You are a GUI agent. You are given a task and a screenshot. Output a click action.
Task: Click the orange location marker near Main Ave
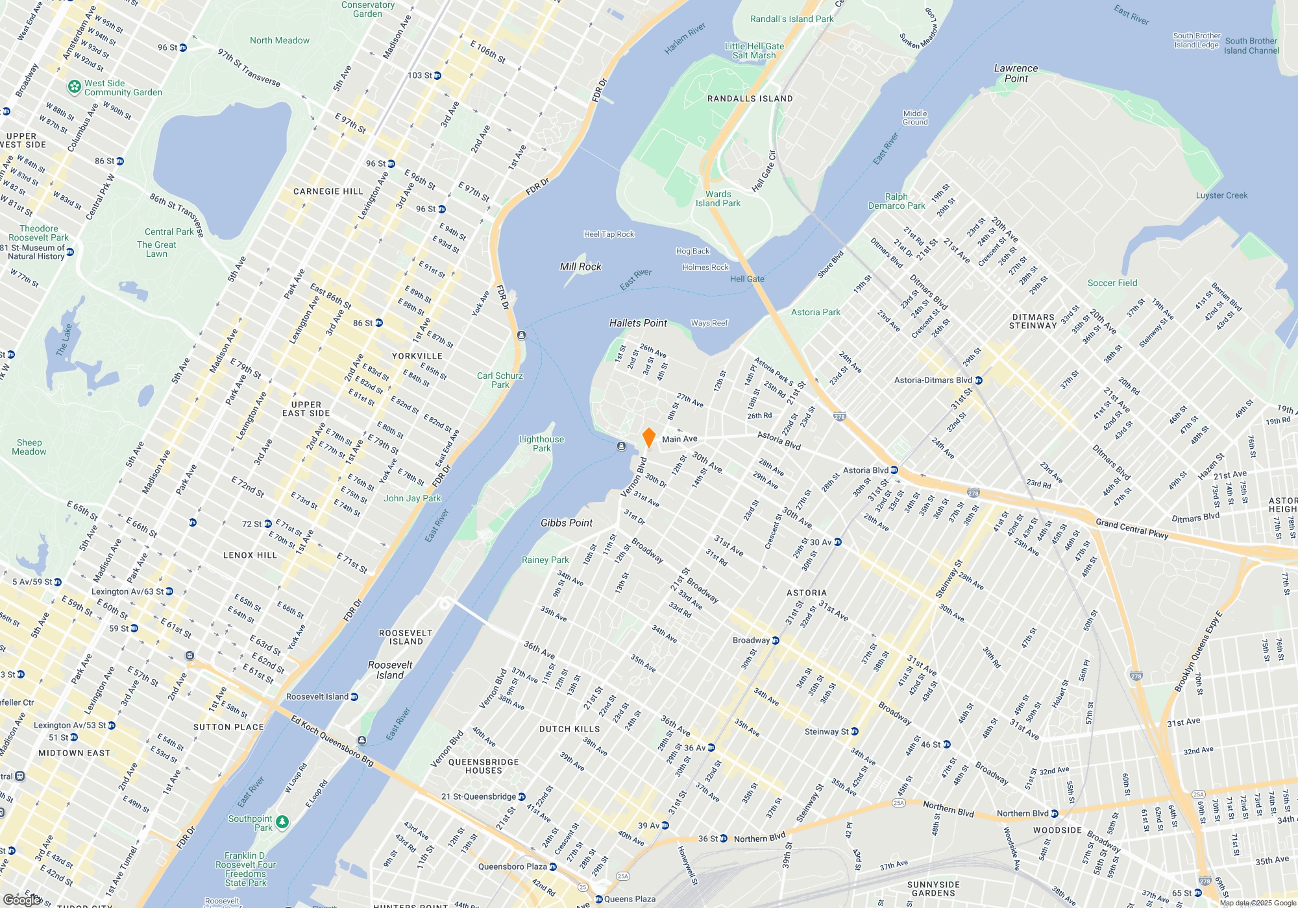tap(648, 438)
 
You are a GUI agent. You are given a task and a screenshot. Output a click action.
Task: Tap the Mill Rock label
tap(580, 267)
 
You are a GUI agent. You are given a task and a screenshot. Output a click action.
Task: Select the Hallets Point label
tap(638, 323)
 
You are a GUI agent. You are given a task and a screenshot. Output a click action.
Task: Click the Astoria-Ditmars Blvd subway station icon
tap(979, 381)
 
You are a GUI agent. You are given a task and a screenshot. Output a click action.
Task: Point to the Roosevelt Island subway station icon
tap(354, 697)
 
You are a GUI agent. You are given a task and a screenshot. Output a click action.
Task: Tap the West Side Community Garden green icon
tap(75, 86)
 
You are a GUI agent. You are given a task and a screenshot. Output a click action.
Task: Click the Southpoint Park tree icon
tap(282, 822)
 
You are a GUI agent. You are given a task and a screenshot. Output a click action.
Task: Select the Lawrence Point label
tap(1016, 73)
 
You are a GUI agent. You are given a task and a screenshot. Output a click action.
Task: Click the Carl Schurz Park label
tap(500, 380)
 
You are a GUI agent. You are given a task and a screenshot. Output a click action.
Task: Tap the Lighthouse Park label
tap(541, 444)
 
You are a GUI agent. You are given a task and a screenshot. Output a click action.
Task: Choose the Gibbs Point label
tap(567, 523)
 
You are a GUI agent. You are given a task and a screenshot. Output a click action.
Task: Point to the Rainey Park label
tap(545, 560)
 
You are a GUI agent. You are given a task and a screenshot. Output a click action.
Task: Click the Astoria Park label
tap(815, 312)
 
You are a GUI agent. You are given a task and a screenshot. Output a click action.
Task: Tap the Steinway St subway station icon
tap(855, 732)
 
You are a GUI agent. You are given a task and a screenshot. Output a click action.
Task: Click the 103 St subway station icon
tap(437, 76)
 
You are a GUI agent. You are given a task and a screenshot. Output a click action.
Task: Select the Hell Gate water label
tap(747, 279)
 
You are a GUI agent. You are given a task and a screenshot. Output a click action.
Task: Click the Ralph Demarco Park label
tap(896, 201)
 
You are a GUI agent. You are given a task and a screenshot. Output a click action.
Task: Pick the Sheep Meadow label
tap(29, 447)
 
